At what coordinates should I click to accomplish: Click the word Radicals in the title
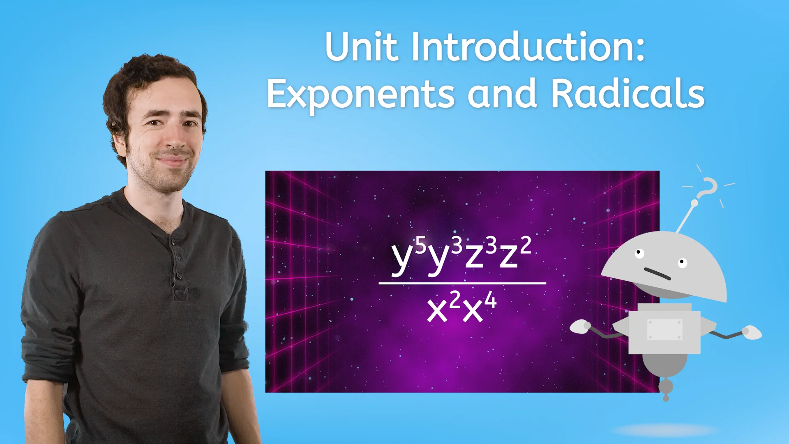pyautogui.click(x=628, y=94)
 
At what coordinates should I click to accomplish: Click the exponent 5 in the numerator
pyautogui.click(x=420, y=245)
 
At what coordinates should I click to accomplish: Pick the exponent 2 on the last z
pyautogui.click(x=526, y=245)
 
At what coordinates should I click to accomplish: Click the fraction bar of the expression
pyautogui.click(x=462, y=283)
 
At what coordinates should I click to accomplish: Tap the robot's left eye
pyautogui.click(x=639, y=253)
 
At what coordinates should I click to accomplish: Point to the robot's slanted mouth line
pyautogui.click(x=657, y=273)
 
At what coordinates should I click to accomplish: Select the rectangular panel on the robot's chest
pyautogui.click(x=664, y=329)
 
